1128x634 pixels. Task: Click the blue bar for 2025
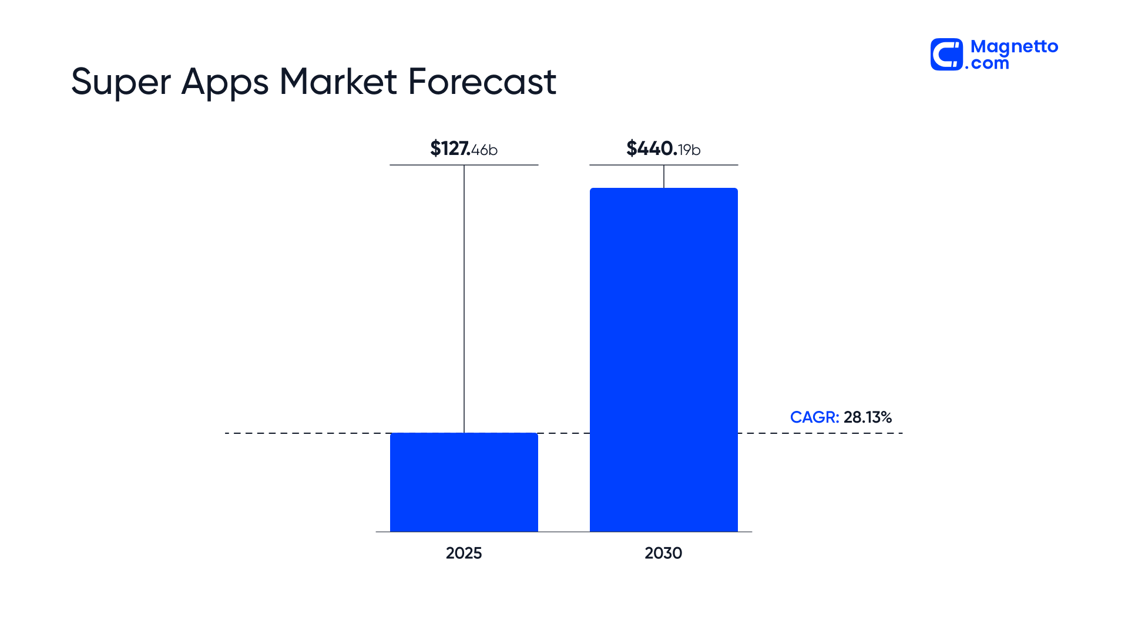(464, 483)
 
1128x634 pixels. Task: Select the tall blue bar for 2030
(664, 360)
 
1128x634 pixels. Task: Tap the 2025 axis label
(464, 553)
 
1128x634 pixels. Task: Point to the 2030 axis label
(663, 553)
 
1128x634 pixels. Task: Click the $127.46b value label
(464, 149)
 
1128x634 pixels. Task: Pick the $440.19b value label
(663, 149)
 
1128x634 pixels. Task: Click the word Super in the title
(120, 82)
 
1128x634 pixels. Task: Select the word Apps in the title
(225, 82)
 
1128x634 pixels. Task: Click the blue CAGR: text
(814, 417)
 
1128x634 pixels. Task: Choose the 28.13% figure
(868, 417)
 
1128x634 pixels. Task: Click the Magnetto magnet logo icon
(946, 55)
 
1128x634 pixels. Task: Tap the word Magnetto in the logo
(1014, 47)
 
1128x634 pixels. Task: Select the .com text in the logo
(987, 63)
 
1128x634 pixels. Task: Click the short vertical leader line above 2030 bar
(664, 176)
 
